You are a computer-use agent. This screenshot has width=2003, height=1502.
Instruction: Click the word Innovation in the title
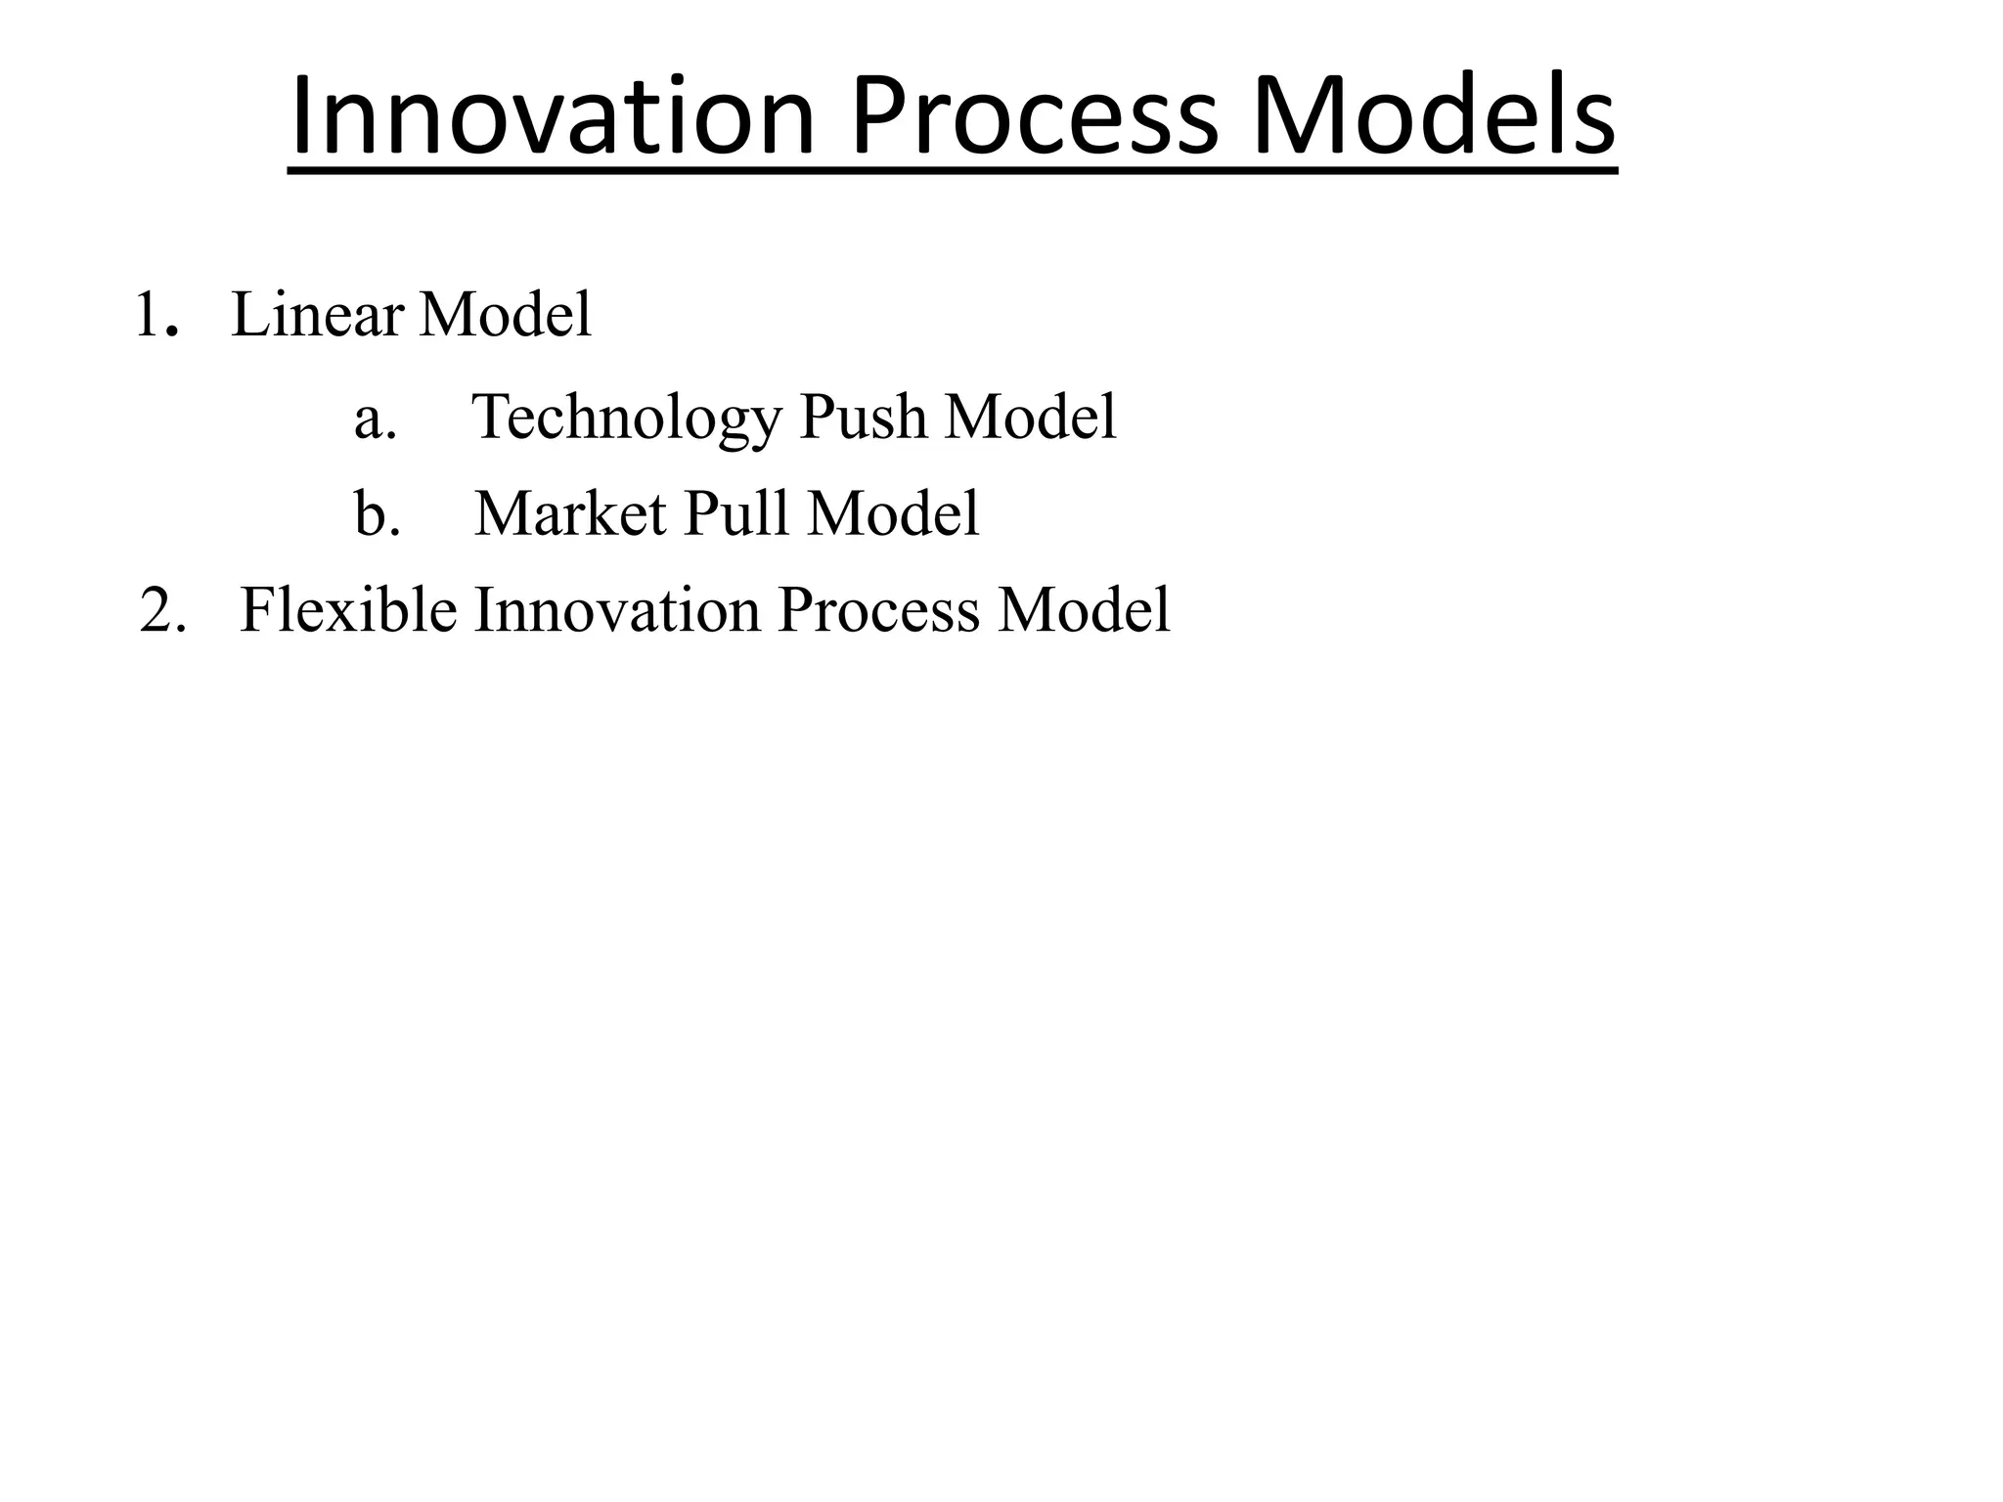[553, 117]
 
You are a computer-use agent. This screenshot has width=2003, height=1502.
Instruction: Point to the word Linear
[317, 316]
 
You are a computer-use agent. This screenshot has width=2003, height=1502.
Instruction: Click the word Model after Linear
[505, 316]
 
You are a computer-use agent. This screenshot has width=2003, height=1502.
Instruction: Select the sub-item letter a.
[375, 419]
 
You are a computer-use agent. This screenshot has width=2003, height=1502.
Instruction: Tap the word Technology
[626, 419]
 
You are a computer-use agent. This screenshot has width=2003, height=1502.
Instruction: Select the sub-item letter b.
[377, 514]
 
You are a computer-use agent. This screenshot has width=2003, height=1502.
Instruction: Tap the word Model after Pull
[893, 514]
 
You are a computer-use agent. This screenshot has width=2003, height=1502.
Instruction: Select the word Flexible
[347, 611]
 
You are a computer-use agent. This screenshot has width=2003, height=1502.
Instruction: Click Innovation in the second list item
[617, 611]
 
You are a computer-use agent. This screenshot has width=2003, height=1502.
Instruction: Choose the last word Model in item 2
[1084, 611]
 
